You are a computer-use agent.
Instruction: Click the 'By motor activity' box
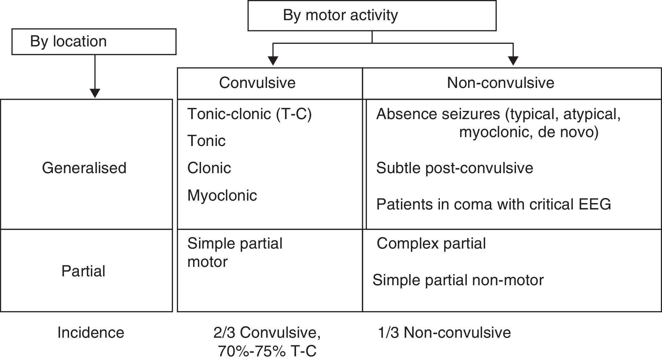(x=371, y=15)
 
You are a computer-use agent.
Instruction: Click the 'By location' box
(x=94, y=42)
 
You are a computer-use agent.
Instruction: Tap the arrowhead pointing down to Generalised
(x=95, y=93)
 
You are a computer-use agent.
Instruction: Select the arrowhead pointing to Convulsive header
(x=273, y=61)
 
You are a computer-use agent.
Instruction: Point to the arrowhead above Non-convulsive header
(x=513, y=61)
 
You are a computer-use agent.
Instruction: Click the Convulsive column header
(x=257, y=83)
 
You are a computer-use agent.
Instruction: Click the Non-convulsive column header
(x=500, y=83)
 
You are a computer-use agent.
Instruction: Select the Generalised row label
(x=84, y=168)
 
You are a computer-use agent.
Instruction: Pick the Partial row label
(x=83, y=271)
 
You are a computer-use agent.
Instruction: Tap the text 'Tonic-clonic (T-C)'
(x=249, y=114)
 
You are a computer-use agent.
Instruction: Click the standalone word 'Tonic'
(x=206, y=141)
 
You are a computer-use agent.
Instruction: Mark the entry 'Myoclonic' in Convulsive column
(x=222, y=195)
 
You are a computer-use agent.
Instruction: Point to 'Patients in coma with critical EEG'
(x=493, y=204)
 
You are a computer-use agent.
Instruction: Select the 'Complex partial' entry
(x=431, y=244)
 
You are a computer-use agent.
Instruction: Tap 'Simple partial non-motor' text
(x=458, y=280)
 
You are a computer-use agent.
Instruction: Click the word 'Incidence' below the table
(x=91, y=333)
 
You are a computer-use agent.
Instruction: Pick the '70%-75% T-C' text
(x=267, y=351)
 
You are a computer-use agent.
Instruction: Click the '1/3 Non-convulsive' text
(x=444, y=333)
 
